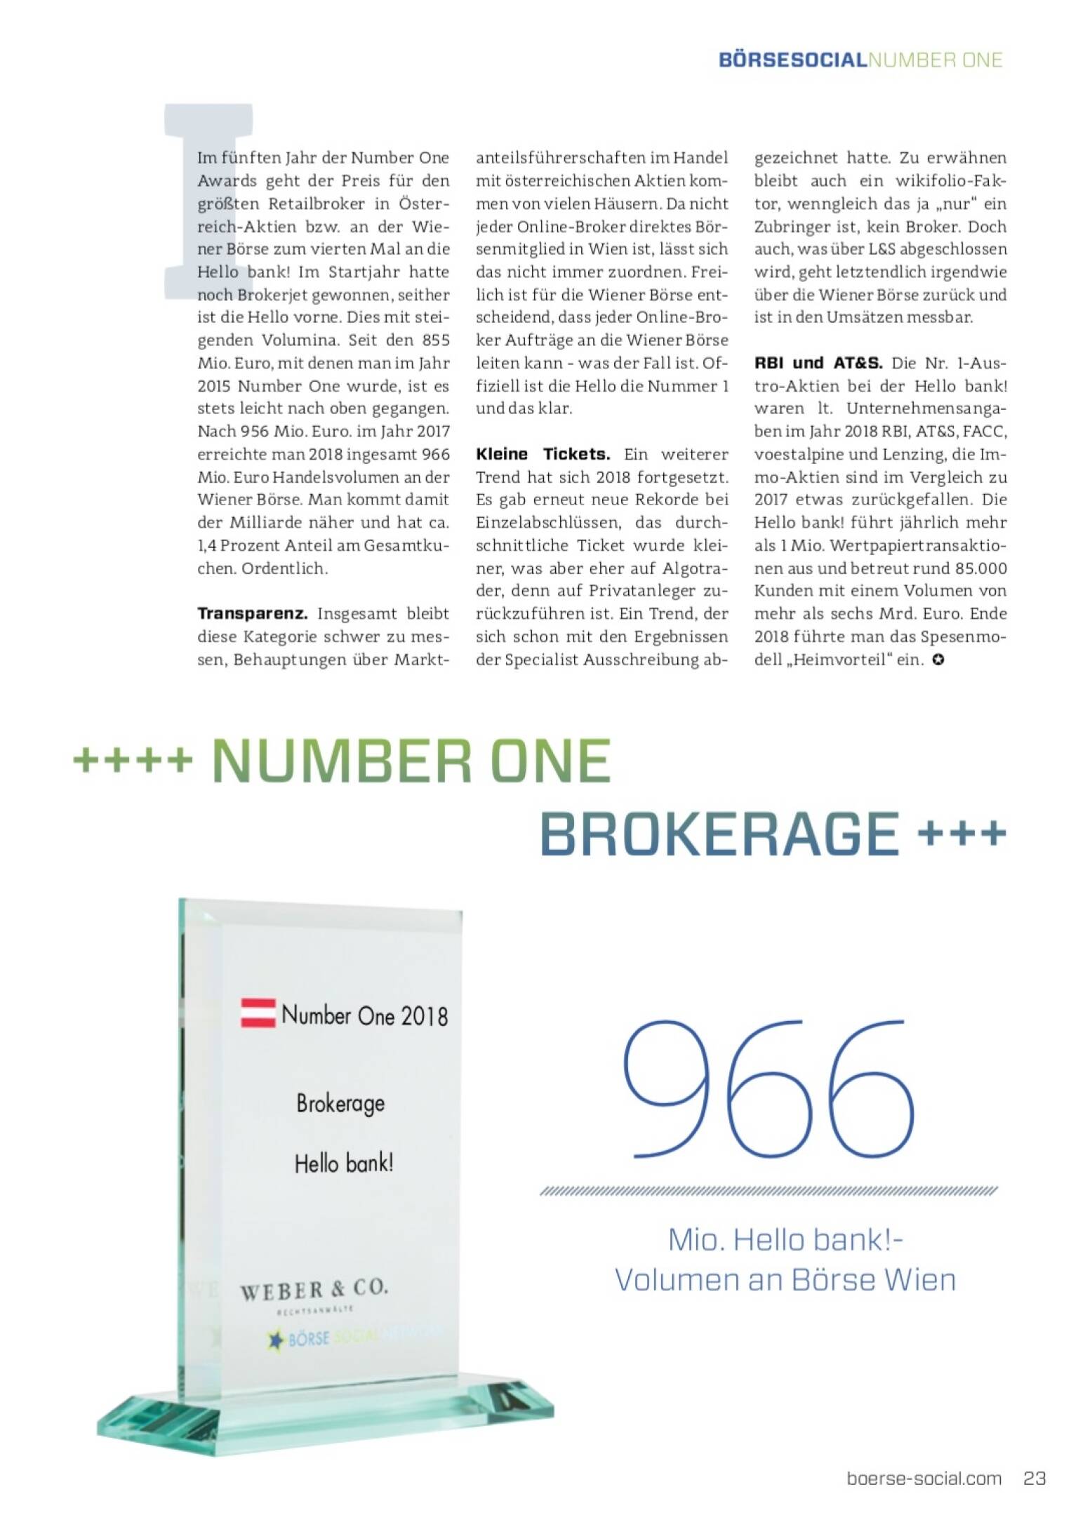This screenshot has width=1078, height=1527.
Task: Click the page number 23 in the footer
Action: pos(1034,1478)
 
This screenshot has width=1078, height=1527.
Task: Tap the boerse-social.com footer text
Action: pos(924,1479)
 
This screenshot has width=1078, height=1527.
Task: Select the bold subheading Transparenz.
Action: pos(253,613)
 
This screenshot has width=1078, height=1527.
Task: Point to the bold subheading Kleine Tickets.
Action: pos(543,454)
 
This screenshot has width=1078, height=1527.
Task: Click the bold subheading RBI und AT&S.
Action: pos(818,363)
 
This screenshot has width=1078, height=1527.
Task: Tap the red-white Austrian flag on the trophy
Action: pos(258,1013)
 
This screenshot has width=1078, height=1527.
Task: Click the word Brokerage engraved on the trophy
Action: pos(340,1104)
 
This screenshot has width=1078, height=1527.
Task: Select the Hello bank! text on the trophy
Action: pos(344,1164)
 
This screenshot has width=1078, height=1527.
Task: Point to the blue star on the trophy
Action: pos(276,1340)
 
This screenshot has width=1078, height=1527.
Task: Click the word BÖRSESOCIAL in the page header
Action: pos(793,60)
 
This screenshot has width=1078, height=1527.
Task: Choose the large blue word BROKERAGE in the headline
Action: pos(719,834)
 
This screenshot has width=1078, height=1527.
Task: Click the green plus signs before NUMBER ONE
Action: pos(133,760)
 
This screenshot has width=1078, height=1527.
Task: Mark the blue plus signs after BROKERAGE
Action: pos(961,834)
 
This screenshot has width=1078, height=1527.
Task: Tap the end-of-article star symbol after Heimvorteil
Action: pos(938,660)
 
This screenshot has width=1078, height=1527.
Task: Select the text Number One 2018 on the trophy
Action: pos(364,1015)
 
